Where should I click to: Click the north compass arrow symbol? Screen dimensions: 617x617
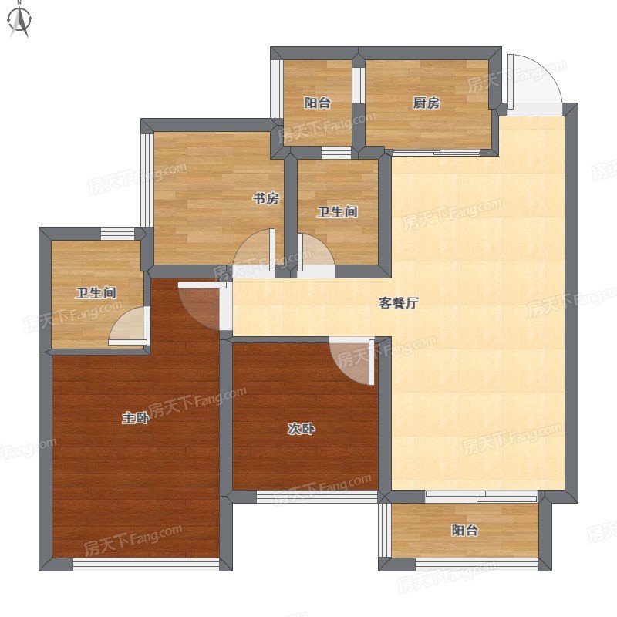20,21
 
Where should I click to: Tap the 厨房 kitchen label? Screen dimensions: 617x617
427,103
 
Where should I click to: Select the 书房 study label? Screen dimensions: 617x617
266,198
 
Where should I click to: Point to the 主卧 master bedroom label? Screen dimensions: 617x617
135,417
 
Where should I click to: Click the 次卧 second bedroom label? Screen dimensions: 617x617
301,429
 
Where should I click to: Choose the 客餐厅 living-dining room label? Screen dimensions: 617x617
398,303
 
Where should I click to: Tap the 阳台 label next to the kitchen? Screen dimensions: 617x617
317,103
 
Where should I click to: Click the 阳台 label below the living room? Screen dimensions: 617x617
465,530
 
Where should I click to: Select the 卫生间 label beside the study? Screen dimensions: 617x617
338,212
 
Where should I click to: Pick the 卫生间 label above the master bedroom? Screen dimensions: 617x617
96,293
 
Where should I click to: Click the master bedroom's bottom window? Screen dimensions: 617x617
146,565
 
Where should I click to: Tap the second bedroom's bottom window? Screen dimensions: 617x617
317,497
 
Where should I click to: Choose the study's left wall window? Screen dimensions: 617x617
147,180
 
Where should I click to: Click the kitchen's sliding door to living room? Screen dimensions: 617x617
437,152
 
